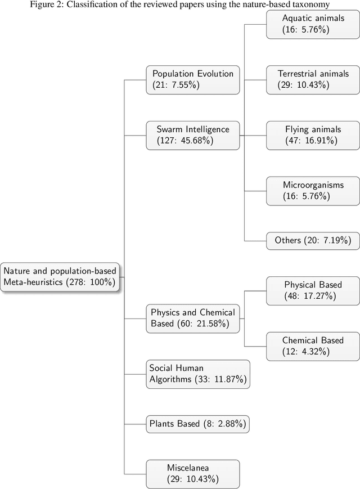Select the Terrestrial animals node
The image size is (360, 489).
click(313, 79)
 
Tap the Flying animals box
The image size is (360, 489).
click(313, 135)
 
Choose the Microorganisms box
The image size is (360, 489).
click(313, 190)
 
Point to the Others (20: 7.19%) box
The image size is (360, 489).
click(313, 240)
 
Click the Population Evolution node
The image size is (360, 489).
click(193, 79)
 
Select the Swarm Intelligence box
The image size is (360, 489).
click(193, 135)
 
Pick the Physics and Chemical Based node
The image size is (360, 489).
click(193, 318)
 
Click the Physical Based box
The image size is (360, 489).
click(313, 290)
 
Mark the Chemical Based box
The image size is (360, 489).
click(313, 346)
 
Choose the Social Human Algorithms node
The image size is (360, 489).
click(196, 374)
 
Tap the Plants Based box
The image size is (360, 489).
click(197, 424)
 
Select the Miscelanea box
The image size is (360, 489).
click(193, 473)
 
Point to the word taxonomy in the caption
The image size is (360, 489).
click(309, 5)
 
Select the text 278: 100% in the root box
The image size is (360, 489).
click(93, 282)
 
